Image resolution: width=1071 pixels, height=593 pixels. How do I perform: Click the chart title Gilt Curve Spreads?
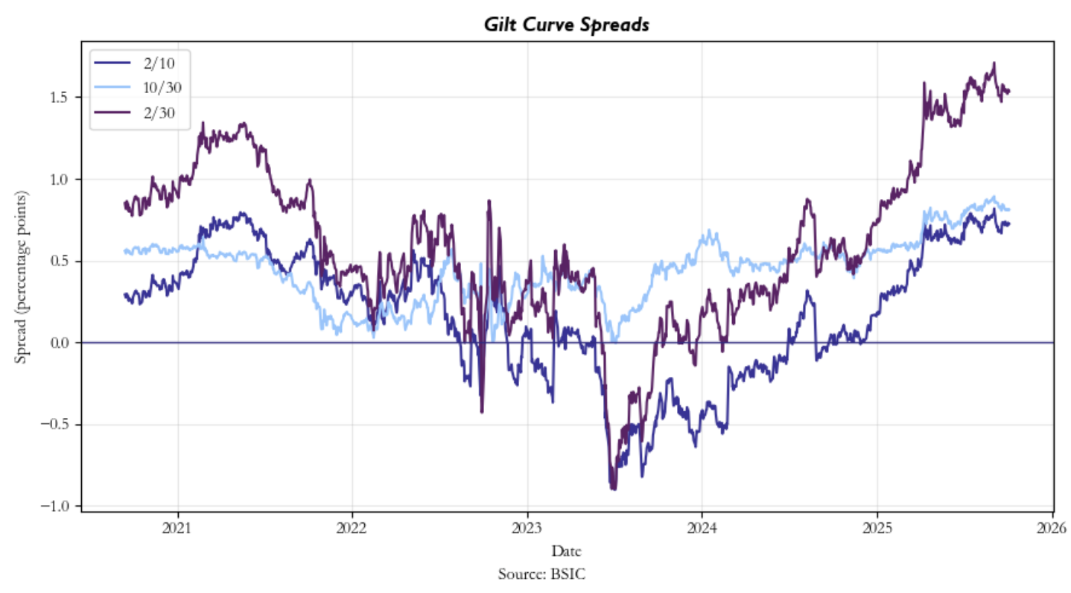567,25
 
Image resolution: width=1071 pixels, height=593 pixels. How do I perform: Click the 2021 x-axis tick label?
177,530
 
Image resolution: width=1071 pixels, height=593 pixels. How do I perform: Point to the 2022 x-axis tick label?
352,530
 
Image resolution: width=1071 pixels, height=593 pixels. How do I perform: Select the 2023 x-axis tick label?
527,530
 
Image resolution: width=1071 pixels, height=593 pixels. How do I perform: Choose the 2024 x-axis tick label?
702,530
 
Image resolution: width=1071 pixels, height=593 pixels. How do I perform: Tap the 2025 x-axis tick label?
877,530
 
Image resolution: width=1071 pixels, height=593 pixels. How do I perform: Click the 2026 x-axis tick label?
1052,530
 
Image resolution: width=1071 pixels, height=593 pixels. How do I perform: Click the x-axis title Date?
567,551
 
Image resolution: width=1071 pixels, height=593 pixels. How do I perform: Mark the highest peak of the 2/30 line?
994,63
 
